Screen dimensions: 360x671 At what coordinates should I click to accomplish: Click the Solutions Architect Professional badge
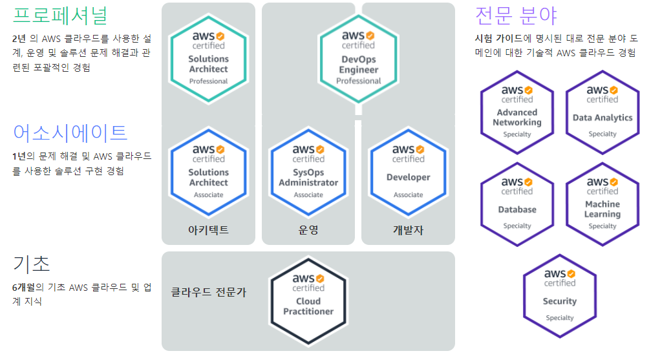coord(208,58)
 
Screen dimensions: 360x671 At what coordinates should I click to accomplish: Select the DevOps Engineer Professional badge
coord(358,58)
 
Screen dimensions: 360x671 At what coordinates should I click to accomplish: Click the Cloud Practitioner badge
coord(308,301)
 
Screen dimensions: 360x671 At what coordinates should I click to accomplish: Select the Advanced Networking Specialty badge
coord(517,112)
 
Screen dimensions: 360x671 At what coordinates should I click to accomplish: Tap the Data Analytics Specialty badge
coord(602,112)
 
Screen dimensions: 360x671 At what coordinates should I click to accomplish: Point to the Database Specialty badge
coord(517,204)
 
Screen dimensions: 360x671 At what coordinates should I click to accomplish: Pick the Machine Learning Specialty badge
coord(602,204)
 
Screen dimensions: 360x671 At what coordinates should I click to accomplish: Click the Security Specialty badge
coord(560,295)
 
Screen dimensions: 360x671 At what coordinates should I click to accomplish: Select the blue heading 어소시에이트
coord(70,132)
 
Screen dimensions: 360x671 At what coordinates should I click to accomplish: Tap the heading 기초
coord(31,264)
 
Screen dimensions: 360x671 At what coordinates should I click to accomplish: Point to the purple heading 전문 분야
coord(516,15)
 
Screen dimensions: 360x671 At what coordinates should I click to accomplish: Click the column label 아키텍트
coord(208,230)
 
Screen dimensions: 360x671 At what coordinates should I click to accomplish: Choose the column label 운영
coord(308,230)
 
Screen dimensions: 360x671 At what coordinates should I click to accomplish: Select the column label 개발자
coord(408,230)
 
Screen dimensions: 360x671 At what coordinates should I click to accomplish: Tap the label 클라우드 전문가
coord(208,292)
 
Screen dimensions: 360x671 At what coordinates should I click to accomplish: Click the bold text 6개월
coord(27,287)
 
